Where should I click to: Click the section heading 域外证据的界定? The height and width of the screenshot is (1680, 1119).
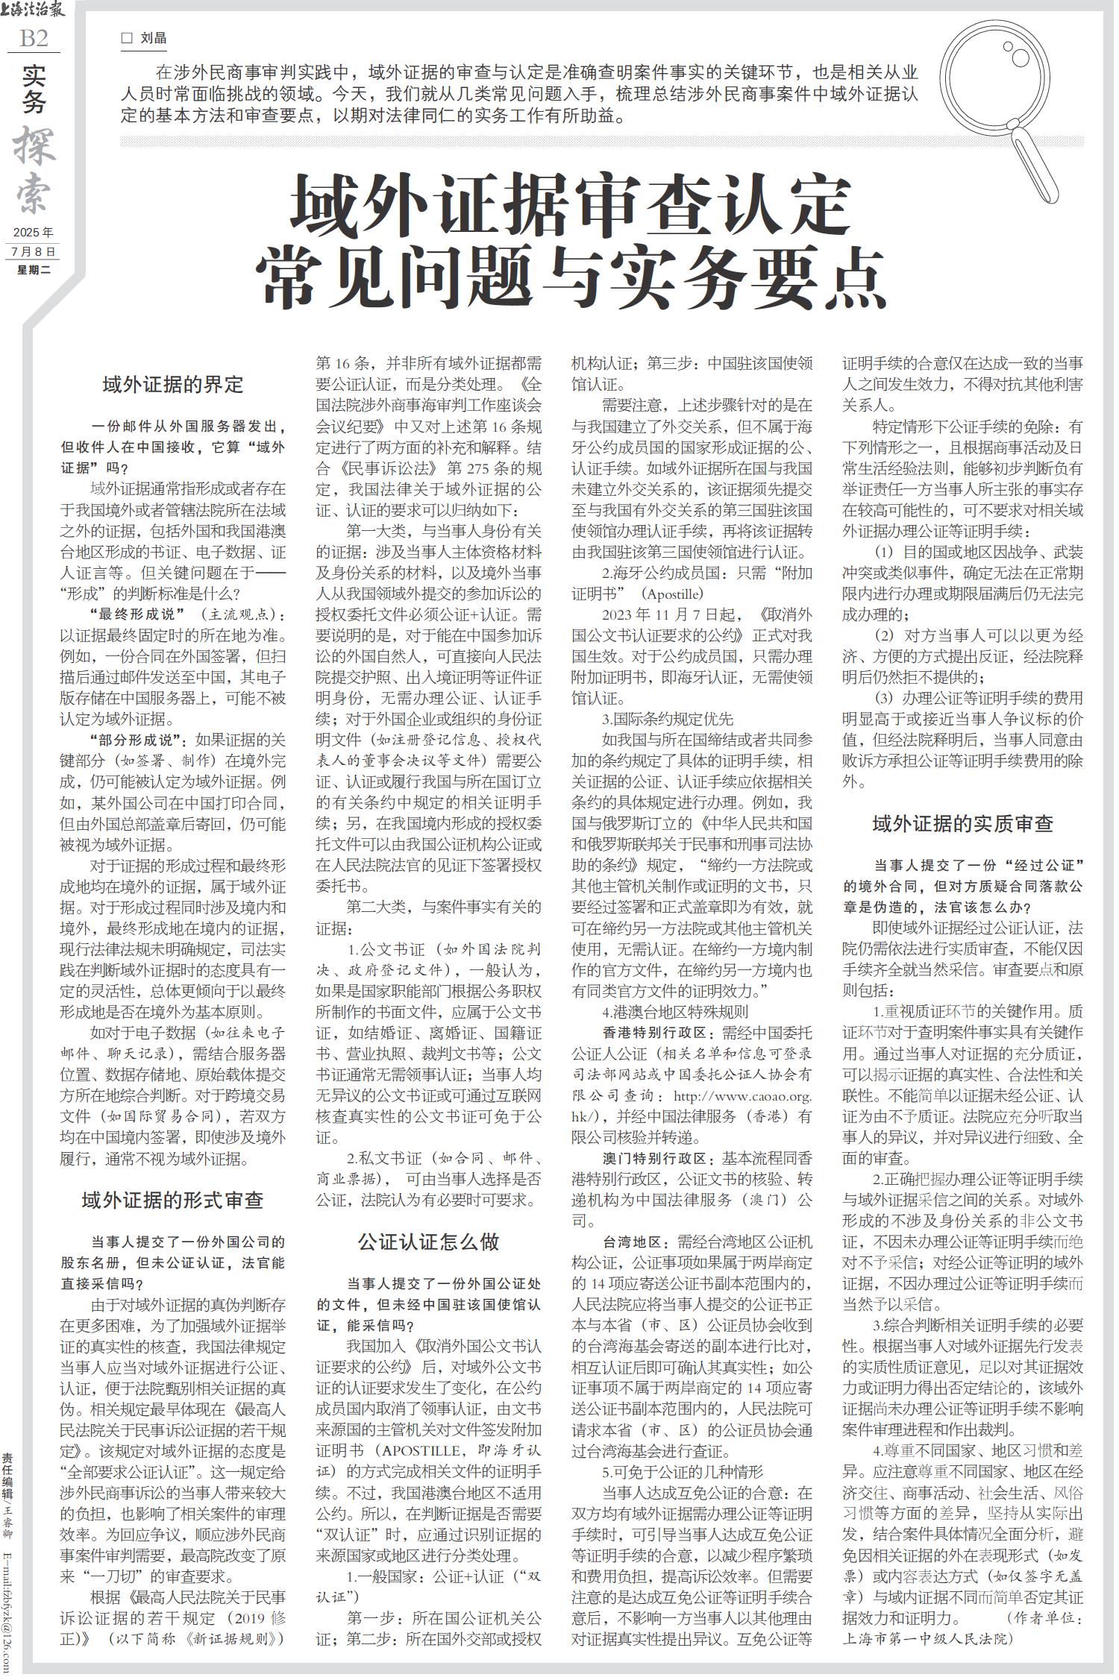point(173,385)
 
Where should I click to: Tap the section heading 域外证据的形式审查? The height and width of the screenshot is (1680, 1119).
point(173,1200)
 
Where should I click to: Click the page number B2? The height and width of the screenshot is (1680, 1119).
point(34,38)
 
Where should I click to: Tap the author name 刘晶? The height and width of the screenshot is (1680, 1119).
point(154,38)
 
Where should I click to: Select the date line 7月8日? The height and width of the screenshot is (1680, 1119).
point(34,252)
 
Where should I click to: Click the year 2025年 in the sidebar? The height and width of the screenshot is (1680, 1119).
point(34,233)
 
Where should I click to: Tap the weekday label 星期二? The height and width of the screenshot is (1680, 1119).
point(34,270)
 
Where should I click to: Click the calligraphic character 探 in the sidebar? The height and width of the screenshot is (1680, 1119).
point(34,145)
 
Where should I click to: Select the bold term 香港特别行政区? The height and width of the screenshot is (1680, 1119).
point(655,1033)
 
